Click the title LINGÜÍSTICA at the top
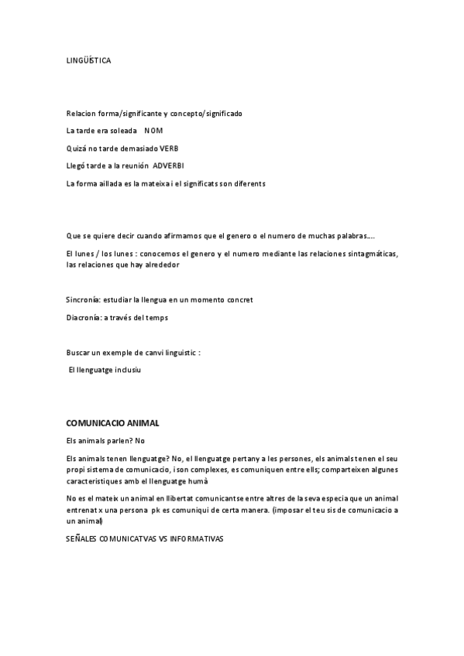tap(88, 60)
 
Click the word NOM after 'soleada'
tap(153, 131)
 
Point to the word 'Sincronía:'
tap(84, 299)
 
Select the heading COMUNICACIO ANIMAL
tap(113, 423)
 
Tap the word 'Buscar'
tap(78, 353)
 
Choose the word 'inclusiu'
tap(128, 371)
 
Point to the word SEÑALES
tap(83, 538)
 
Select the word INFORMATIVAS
tap(196, 538)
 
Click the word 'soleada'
tap(122, 131)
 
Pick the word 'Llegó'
tap(77, 166)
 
